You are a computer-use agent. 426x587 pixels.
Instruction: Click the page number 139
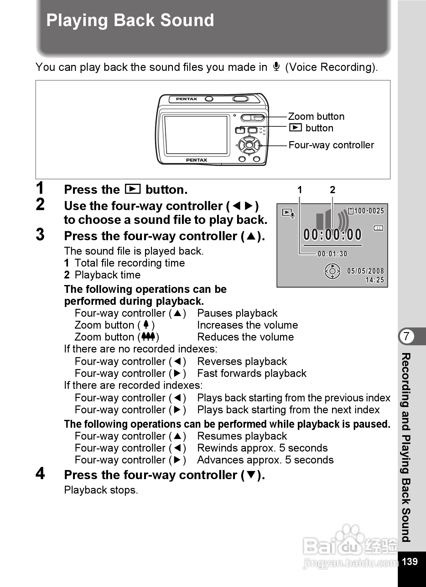click(x=409, y=561)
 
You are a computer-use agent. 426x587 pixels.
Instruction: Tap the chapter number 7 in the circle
click(x=406, y=336)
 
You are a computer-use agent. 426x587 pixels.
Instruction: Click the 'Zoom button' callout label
click(x=316, y=116)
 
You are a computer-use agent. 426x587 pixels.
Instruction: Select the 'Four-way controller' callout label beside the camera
click(x=331, y=145)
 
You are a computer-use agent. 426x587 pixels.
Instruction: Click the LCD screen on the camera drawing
click(x=196, y=135)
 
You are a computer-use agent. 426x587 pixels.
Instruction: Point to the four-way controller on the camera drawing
click(x=249, y=145)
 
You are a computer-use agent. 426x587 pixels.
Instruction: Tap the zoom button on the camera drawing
click(x=252, y=118)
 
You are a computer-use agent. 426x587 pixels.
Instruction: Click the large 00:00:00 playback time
click(x=332, y=235)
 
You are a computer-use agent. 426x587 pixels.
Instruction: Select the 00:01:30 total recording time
click(x=332, y=254)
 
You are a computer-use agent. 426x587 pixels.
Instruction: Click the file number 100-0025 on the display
click(x=369, y=211)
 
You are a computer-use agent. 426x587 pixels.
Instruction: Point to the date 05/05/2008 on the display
click(x=365, y=271)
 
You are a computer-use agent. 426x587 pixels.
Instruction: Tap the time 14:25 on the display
click(x=375, y=280)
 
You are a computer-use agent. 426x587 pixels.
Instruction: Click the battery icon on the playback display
click(x=378, y=228)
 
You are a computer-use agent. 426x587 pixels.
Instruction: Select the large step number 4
click(x=40, y=473)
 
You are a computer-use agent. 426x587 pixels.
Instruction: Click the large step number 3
click(x=40, y=235)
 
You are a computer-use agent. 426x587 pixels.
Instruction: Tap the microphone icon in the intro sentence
click(x=276, y=67)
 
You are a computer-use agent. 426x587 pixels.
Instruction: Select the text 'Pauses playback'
click(x=237, y=313)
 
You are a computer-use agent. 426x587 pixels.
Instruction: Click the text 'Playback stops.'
click(x=101, y=490)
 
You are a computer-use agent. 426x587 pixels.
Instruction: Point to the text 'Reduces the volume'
click(x=245, y=337)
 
